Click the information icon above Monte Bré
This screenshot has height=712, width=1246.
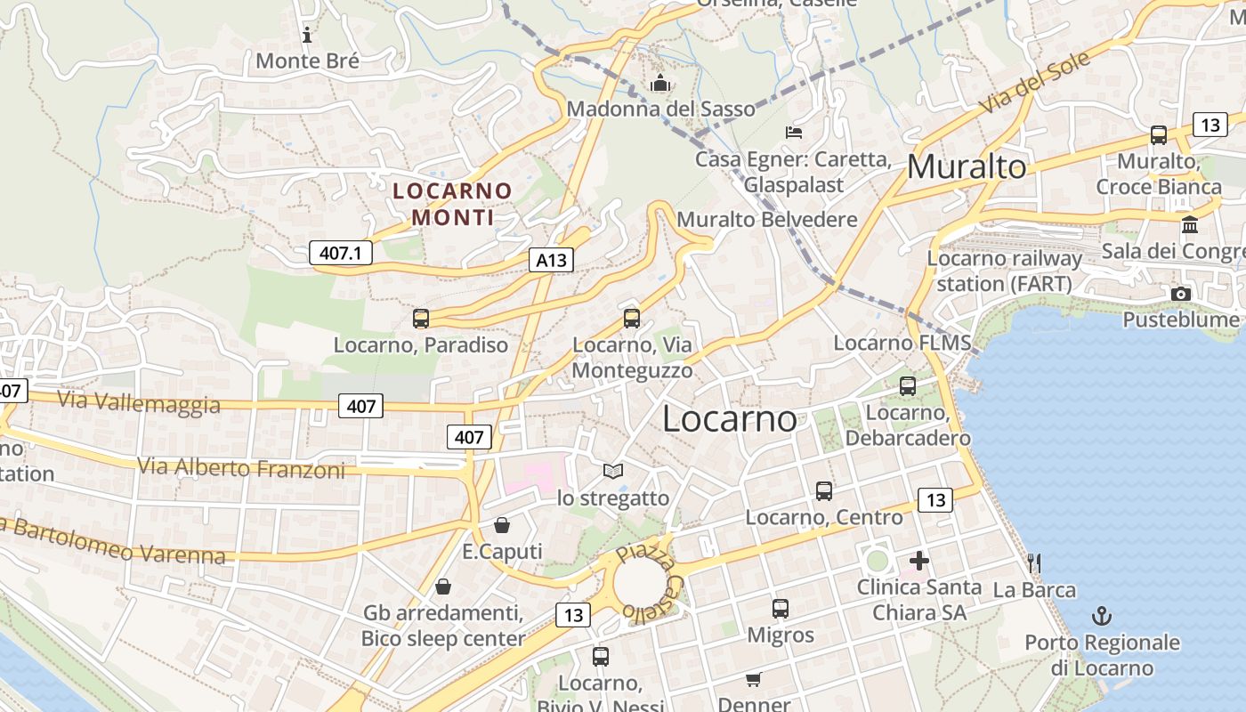307,36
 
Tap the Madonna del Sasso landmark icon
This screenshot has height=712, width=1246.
660,84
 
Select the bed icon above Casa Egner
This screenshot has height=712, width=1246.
794,133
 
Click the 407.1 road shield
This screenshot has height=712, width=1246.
340,253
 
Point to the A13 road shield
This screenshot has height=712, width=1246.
551,260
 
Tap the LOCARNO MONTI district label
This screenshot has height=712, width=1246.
452,204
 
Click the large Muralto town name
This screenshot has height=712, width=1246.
966,166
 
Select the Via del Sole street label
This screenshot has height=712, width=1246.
1035,83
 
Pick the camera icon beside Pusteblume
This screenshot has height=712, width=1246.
1181,294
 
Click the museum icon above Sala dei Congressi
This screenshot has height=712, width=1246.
1190,224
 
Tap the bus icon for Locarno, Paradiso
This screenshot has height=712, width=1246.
421,319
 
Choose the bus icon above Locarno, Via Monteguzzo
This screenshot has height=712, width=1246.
632,318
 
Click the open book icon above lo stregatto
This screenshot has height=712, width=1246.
613,471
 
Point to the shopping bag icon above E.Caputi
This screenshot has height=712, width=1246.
502,525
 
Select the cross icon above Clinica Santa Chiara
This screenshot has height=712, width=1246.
919,561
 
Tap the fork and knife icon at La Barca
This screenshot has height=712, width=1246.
1034,562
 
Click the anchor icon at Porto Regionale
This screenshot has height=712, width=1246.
1102,616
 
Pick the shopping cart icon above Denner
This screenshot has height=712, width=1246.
753,680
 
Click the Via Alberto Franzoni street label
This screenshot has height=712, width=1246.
240,467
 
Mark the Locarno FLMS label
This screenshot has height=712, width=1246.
902,344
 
